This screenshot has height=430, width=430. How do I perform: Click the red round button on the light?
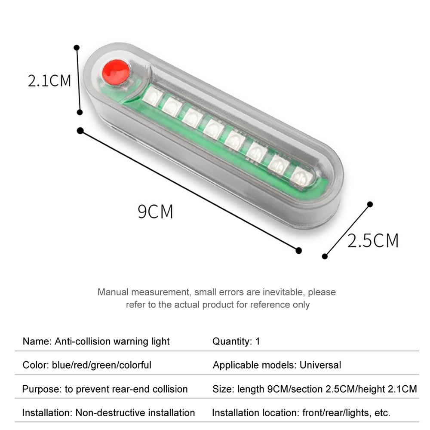point(116,72)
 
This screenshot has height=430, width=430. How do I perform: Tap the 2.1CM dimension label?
point(49,80)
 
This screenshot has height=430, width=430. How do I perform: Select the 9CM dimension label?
point(155,212)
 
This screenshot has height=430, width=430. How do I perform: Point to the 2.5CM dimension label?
point(373,241)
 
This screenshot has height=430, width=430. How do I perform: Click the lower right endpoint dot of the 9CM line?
point(299,250)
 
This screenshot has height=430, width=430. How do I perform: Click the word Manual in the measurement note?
point(113,292)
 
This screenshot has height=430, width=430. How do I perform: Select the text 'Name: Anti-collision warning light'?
point(96,341)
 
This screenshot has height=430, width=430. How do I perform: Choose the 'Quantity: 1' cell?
point(236,341)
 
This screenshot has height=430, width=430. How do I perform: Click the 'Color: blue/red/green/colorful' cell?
point(87,365)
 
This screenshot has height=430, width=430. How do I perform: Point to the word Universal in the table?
point(320,365)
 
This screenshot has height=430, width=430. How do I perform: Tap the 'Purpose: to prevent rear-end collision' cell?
point(105,389)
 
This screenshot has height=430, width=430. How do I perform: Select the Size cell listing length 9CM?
point(315,389)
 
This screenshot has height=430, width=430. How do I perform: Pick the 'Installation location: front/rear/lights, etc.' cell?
point(301,413)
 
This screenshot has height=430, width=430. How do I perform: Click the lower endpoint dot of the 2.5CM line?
point(325,256)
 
